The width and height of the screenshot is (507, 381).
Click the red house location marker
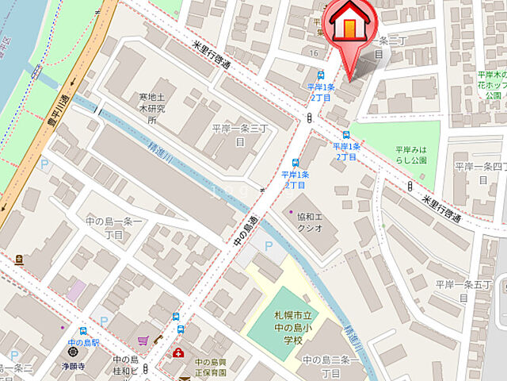click(349, 25)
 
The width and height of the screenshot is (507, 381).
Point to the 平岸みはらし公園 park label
click(411, 154)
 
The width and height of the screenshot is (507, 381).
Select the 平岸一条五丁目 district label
click(464, 289)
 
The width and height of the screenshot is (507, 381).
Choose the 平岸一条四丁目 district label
click(479, 171)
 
